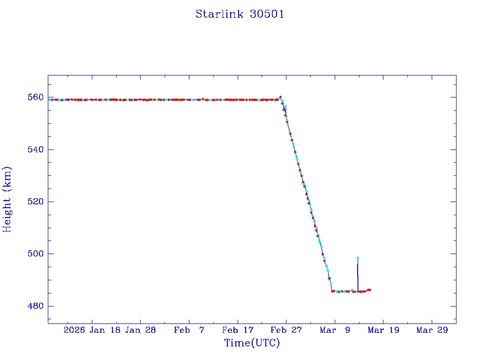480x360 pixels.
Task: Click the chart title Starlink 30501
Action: click(x=240, y=14)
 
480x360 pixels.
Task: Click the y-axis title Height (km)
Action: click(x=7, y=199)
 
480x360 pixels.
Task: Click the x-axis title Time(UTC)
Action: click(x=252, y=343)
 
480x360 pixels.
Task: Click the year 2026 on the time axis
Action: click(x=75, y=330)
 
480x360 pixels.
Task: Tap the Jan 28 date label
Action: click(x=141, y=330)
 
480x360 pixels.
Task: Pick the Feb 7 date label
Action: click(x=189, y=330)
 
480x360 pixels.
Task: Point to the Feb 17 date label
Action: click(x=238, y=330)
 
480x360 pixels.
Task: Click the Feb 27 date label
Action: click(x=286, y=330)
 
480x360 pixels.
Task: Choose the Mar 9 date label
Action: click(x=335, y=330)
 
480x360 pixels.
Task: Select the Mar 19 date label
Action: click(x=383, y=330)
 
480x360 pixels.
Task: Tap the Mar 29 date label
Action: click(x=432, y=330)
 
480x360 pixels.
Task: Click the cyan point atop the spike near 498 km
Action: click(x=358, y=258)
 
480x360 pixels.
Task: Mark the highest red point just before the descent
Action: click(x=280, y=97)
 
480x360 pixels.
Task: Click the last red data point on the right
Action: click(x=370, y=290)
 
